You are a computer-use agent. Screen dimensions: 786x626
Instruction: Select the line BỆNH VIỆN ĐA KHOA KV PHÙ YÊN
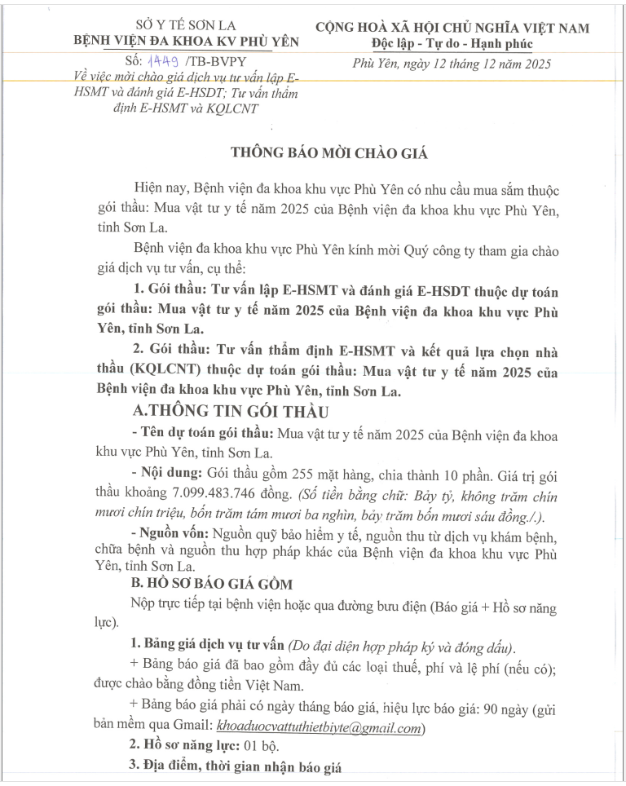tap(186, 41)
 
